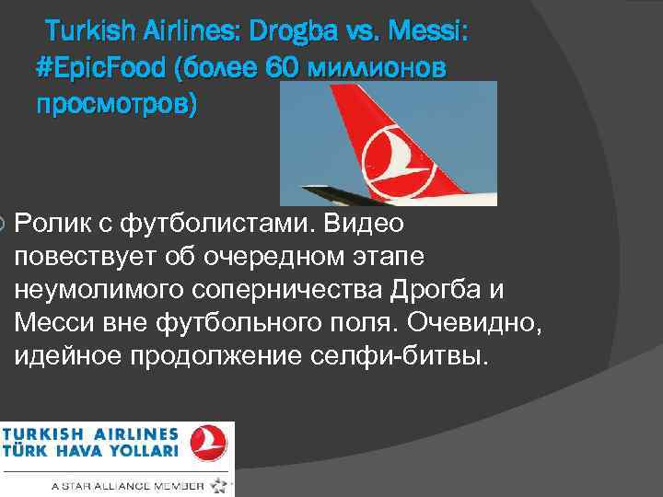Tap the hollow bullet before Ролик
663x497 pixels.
pos(4,223)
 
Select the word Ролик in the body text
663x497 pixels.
pos(54,223)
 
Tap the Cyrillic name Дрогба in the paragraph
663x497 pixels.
pos(446,288)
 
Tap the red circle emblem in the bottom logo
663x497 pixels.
pos(209,443)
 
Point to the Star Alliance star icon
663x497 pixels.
pos(219,484)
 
